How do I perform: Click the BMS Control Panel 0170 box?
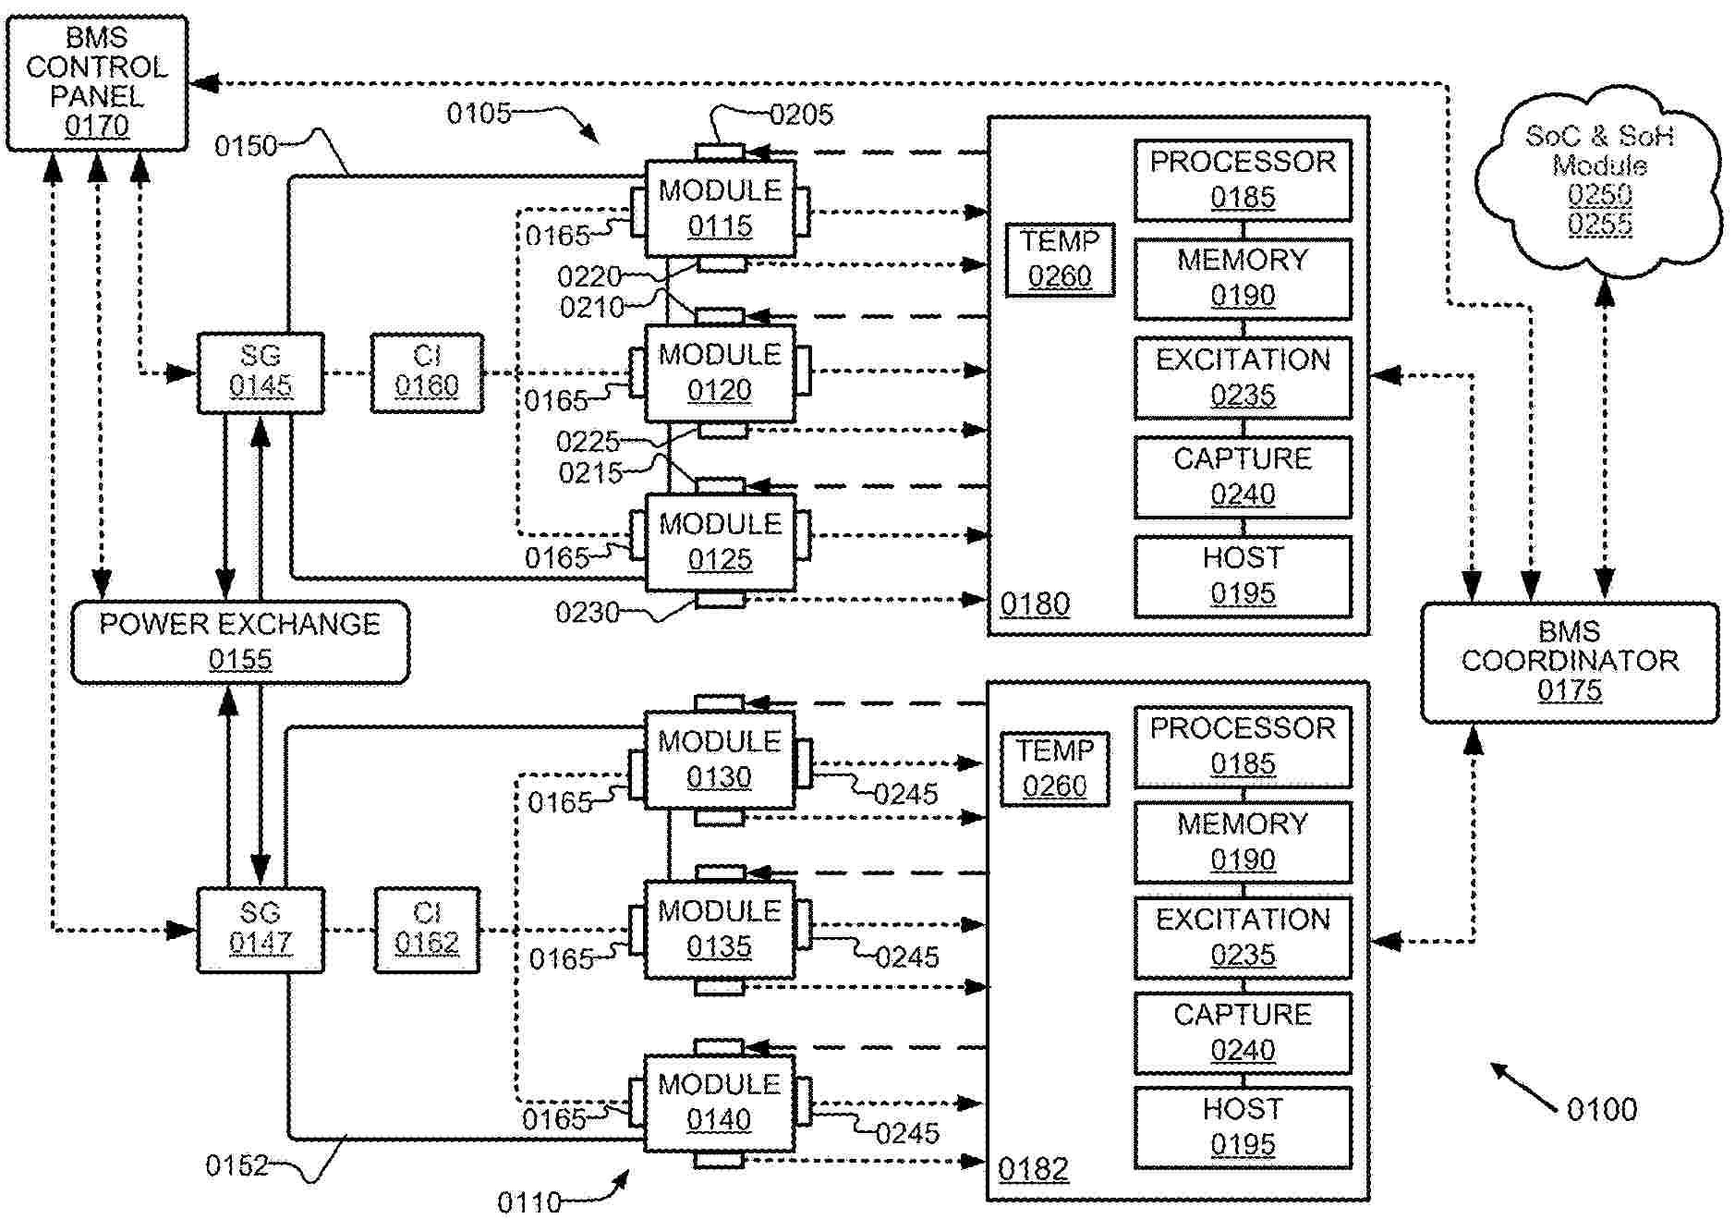click(x=97, y=82)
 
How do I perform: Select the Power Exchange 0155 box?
click(x=240, y=642)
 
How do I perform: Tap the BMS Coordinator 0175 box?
click(x=1569, y=662)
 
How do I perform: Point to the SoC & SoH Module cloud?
click(x=1599, y=180)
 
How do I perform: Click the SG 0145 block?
click(x=261, y=372)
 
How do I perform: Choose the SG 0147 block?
click(x=261, y=929)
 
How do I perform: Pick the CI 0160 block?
click(x=427, y=372)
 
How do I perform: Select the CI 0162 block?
click(x=427, y=929)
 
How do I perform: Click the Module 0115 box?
click(x=720, y=209)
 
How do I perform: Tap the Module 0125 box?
click(x=720, y=542)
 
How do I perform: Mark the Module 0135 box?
click(x=719, y=930)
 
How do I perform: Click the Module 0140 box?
click(x=719, y=1103)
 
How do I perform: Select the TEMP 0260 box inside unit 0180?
click(x=1060, y=260)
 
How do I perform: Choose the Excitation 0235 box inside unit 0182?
click(x=1243, y=937)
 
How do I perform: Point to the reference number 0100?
click(x=1602, y=1109)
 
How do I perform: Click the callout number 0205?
click(x=801, y=115)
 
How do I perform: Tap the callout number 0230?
click(x=587, y=612)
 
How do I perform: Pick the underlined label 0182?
click(x=1033, y=1169)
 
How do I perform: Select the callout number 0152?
click(x=237, y=1165)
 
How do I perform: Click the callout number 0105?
click(x=479, y=114)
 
